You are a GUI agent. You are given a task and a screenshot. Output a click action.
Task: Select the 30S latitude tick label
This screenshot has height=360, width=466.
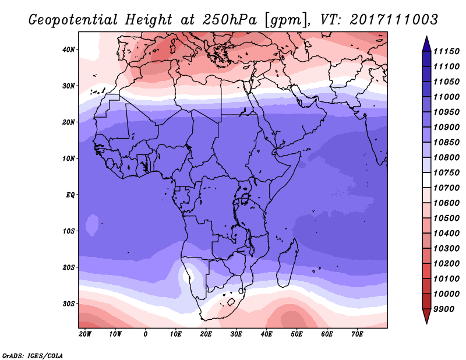[69, 303]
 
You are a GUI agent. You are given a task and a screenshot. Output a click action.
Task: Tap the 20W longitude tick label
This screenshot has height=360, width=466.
[85, 334]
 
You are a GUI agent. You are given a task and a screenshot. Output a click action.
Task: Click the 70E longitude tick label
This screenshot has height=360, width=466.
[357, 334]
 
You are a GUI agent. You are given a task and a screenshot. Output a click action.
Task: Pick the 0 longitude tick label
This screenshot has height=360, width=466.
[146, 334]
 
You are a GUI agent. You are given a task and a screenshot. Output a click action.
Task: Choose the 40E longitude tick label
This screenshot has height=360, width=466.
[266, 334]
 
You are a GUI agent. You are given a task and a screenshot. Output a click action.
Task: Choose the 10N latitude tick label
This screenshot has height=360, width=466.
[69, 158]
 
